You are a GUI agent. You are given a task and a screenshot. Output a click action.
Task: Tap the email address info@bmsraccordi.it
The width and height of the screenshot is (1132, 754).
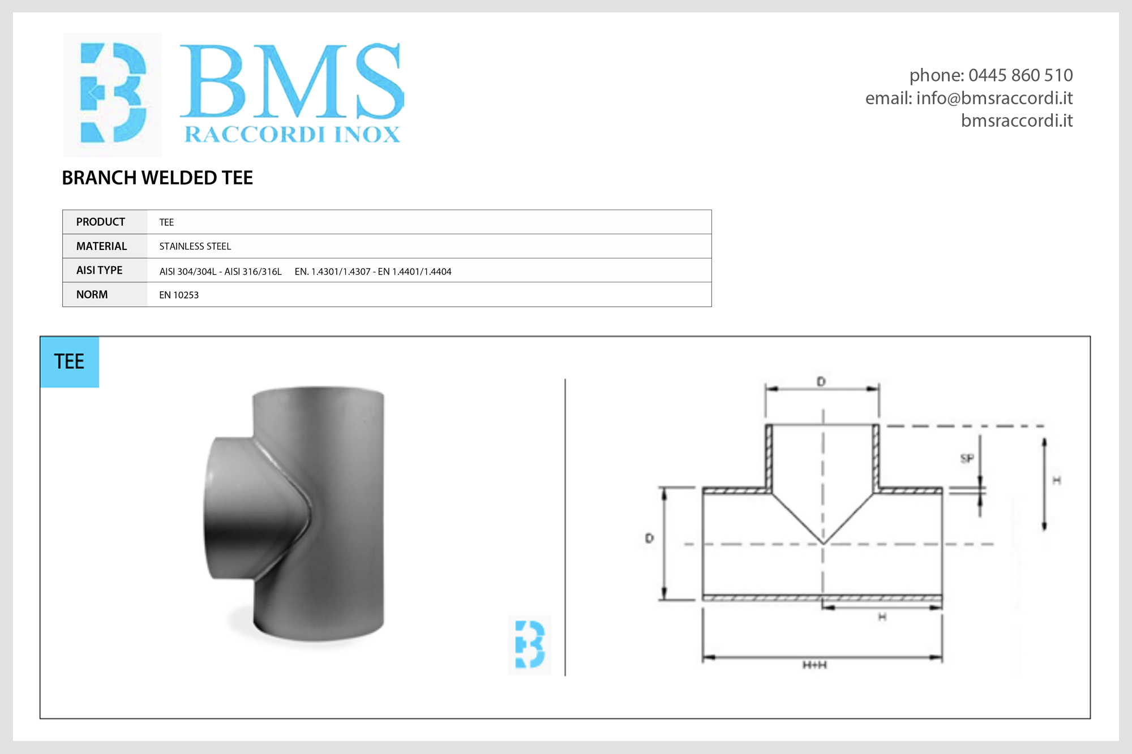tap(994, 98)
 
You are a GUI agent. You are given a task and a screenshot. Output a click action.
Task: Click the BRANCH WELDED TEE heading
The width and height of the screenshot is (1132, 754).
tap(157, 178)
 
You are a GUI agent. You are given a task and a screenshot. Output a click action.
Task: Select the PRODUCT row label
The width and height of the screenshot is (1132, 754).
tap(101, 222)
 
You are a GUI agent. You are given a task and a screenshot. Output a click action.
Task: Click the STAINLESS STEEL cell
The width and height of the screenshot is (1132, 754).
tap(195, 246)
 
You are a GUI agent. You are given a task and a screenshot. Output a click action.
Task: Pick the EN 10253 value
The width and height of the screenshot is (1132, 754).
tap(179, 295)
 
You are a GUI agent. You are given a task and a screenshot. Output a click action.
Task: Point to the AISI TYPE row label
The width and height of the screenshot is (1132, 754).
tap(100, 270)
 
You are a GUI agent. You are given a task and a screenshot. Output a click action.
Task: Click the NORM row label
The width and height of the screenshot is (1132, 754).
tap(92, 295)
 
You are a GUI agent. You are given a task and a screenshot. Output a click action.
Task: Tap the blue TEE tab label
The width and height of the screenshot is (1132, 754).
tap(69, 361)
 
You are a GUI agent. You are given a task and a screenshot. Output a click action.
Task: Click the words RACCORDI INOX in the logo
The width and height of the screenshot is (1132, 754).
tap(292, 135)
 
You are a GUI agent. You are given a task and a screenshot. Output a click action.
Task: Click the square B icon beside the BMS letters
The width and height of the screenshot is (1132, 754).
tap(113, 94)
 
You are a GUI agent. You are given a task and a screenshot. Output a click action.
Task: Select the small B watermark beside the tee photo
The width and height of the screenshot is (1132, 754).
tap(530, 645)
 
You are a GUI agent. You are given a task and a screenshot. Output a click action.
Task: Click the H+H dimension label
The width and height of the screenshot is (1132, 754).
tap(814, 665)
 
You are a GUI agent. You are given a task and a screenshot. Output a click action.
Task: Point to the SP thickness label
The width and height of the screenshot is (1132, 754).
tap(967, 458)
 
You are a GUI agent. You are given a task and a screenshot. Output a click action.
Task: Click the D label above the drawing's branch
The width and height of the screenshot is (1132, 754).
tap(821, 382)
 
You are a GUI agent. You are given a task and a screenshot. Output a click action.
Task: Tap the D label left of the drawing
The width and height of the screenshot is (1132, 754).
tap(649, 538)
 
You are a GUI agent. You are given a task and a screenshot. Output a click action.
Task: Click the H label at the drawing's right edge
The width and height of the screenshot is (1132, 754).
tap(1056, 480)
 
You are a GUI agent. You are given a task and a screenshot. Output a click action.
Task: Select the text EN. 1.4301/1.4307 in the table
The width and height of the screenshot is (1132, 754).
tap(332, 272)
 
